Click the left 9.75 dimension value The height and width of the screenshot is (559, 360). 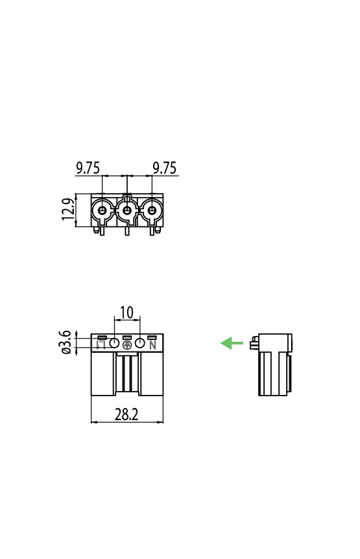click(88, 169)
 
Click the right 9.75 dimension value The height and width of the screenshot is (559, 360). click(165, 169)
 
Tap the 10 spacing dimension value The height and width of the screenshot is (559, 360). click(126, 313)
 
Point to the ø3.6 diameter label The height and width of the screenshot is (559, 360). click(65, 342)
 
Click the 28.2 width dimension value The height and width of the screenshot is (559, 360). click(126, 414)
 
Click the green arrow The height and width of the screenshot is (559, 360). click(232, 343)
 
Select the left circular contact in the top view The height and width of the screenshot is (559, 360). click(102, 210)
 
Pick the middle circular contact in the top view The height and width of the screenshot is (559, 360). click(127, 210)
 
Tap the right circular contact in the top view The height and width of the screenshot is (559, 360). click(152, 210)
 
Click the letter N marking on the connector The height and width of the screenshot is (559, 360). click(153, 345)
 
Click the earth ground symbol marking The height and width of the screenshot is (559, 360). click(127, 346)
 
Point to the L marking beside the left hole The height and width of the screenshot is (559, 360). click(101, 345)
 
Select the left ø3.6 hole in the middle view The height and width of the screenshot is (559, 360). click(114, 342)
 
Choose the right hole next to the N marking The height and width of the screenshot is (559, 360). click(139, 342)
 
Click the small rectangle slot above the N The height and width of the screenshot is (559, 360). click(152, 337)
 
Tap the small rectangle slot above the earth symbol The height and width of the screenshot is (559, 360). click(127, 337)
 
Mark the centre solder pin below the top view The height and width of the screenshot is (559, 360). click(127, 230)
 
